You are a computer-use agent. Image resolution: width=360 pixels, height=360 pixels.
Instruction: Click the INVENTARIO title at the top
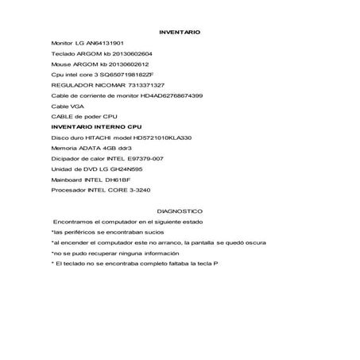coord(180,33)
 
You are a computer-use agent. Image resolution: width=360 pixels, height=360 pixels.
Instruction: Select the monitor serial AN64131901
coord(103,43)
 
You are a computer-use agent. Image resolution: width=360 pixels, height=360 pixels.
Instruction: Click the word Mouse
coord(60,64)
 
